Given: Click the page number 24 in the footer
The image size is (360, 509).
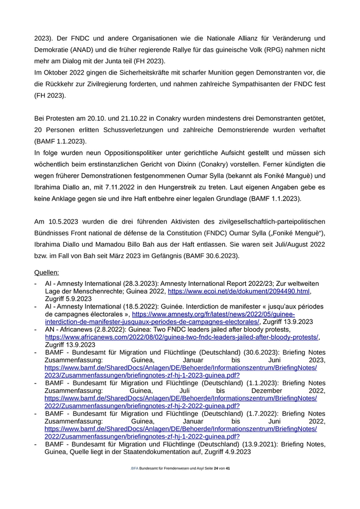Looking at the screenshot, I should click(x=216, y=469).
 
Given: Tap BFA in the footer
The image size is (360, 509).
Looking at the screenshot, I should click(x=135, y=469).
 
